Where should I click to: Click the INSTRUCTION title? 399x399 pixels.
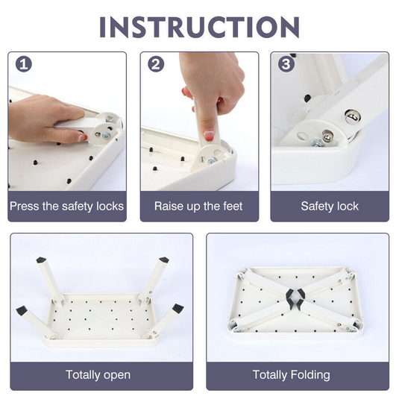tap(199, 28)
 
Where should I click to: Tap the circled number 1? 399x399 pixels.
tap(24, 64)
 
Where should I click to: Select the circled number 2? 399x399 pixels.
tap(156, 64)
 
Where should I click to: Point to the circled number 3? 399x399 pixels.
tap(286, 64)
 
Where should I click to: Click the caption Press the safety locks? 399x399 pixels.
tap(66, 206)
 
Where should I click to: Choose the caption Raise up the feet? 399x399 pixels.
tap(198, 206)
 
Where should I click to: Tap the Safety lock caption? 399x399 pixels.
tap(330, 206)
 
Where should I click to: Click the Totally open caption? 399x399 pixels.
tap(98, 375)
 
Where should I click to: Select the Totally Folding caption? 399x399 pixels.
tap(292, 375)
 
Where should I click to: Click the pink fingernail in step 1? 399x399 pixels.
tap(82, 138)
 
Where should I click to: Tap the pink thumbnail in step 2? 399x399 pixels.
tap(209, 135)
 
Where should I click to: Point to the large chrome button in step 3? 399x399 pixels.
tap(352, 116)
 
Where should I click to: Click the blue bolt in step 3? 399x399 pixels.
tap(318, 143)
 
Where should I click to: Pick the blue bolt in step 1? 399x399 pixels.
tap(107, 136)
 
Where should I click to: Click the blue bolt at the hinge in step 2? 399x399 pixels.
tap(213, 160)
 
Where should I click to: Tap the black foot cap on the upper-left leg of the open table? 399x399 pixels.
tap(41, 260)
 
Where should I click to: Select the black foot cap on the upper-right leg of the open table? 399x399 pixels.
tap(164, 260)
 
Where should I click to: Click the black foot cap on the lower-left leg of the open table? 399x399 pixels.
tap(22, 311)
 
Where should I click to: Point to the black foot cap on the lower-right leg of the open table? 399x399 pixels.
tap(177, 309)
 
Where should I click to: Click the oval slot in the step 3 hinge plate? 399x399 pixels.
tap(302, 136)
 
